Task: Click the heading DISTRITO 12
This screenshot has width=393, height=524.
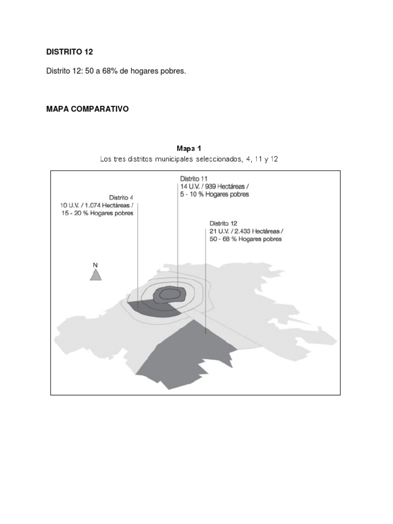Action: point(70,52)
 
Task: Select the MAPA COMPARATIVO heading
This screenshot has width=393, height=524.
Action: point(87,110)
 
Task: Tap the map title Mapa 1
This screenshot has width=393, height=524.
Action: point(189,149)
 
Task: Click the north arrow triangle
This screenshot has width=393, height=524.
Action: point(95,275)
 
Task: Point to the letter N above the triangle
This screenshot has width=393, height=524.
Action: point(95,265)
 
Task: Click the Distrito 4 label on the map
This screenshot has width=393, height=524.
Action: point(121,197)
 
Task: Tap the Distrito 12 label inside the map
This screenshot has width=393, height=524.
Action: point(224,223)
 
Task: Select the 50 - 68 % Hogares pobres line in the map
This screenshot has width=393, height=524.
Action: point(246,239)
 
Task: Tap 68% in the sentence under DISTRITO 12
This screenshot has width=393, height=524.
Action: point(108,71)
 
